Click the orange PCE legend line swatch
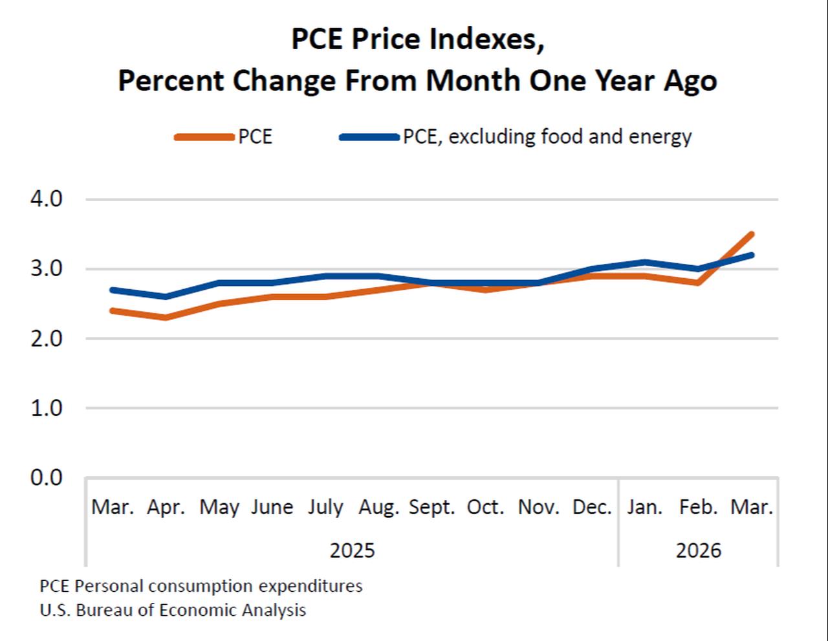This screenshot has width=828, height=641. [204, 137]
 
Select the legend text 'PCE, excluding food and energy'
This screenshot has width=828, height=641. [547, 137]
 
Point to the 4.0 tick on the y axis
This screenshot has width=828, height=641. [47, 199]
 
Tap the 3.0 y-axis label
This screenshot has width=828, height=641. [47, 268]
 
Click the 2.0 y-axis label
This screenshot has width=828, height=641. [47, 338]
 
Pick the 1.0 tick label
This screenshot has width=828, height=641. [47, 408]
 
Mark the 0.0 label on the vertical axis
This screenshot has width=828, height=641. [47, 477]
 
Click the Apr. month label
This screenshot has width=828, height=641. [166, 507]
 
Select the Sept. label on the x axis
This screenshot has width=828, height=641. [432, 507]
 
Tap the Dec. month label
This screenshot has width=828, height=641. [592, 507]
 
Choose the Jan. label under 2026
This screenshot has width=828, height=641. [644, 507]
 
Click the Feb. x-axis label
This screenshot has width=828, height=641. [698, 507]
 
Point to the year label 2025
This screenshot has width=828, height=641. [352, 550]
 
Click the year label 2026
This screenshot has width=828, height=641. [698, 550]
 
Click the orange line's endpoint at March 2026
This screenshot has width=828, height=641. [751, 234]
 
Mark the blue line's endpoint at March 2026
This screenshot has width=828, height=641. [751, 255]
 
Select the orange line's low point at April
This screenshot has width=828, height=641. [166, 317]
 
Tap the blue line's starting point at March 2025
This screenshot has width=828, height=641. [113, 290]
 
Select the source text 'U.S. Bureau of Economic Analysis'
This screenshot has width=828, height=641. [173, 610]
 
